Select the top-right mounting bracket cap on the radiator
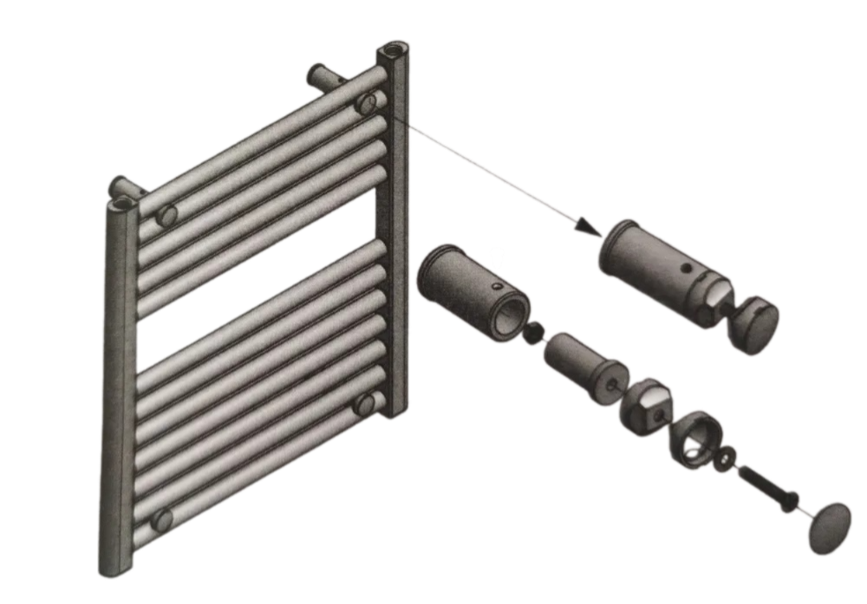click(367, 104)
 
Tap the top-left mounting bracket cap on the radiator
click(166, 215)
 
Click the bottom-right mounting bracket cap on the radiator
click(365, 404)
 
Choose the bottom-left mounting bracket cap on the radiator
click(161, 520)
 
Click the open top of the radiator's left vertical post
click(122, 204)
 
